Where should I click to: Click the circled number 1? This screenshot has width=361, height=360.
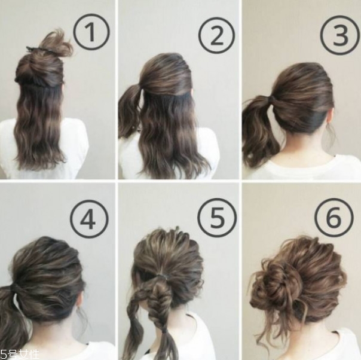click(x=91, y=32)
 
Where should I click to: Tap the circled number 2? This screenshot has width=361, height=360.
click(x=216, y=36)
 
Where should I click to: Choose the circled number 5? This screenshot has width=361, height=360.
click(x=217, y=218)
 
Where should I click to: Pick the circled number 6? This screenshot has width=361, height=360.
click(x=334, y=218)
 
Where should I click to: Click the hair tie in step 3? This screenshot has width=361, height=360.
click(x=273, y=99)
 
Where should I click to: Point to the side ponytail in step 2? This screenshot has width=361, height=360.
click(x=129, y=111)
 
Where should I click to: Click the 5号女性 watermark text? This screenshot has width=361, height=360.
click(x=20, y=355)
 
